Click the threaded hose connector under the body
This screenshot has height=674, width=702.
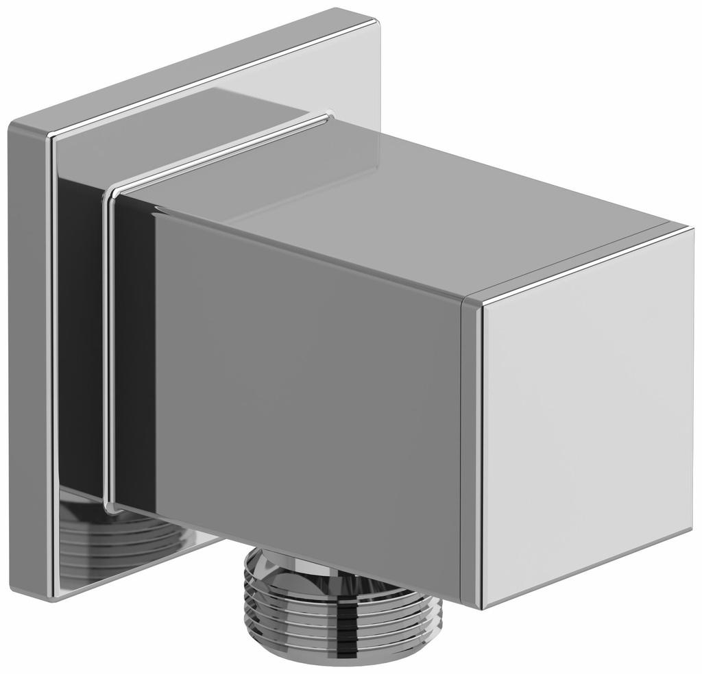pos(342,610)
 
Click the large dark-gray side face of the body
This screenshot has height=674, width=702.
pos(302,384)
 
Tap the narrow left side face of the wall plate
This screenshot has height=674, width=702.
pos(27,356)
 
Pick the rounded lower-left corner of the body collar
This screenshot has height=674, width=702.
pos(110,507)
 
